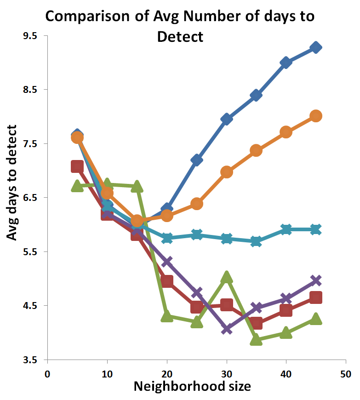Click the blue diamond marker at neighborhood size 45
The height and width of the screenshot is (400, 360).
click(x=316, y=47)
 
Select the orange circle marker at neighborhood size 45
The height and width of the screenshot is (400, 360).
click(x=316, y=116)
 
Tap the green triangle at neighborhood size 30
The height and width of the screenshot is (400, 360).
click(x=227, y=277)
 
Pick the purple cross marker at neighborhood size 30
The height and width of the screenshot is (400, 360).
click(x=227, y=329)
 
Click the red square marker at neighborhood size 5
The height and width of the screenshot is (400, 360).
click(x=77, y=166)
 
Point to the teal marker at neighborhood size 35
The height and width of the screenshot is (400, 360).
click(x=257, y=241)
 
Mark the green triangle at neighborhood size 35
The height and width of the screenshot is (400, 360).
click(x=257, y=340)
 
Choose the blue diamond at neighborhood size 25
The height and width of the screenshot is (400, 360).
click(x=197, y=160)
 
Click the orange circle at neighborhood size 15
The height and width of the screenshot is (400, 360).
click(x=137, y=221)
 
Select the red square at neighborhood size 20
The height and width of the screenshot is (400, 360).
click(x=167, y=281)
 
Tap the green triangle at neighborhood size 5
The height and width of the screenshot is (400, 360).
click(x=77, y=186)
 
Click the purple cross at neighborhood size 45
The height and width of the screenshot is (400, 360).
click(x=316, y=280)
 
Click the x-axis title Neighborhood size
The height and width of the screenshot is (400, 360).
click(x=192, y=386)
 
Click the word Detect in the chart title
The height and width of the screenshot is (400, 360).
click(x=180, y=37)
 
